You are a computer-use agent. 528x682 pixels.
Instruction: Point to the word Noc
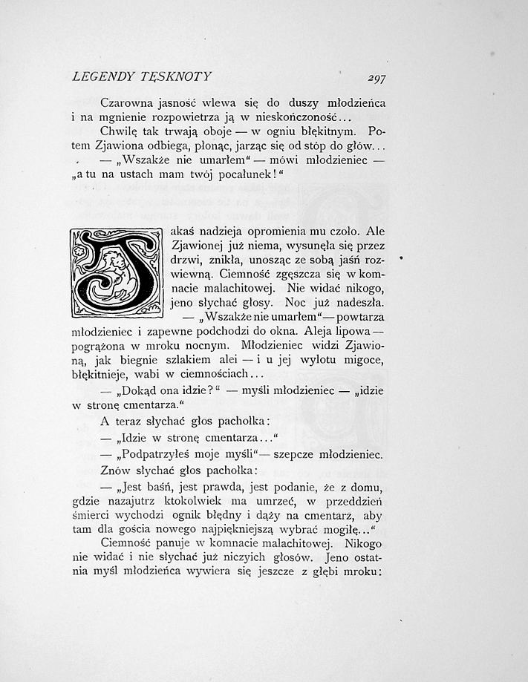click(x=311, y=303)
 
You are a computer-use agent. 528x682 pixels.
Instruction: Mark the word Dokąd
click(x=135, y=392)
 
